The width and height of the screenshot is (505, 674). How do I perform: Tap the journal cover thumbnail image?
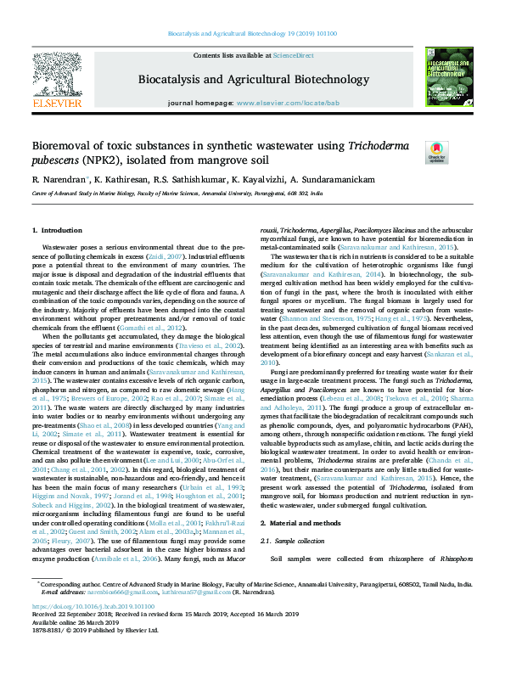pos(449,76)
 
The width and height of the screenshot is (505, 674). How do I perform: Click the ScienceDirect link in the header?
pos(293,55)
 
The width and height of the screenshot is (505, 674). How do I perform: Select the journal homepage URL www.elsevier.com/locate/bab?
pos(277,102)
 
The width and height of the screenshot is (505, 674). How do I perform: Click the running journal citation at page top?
pos(252,35)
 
